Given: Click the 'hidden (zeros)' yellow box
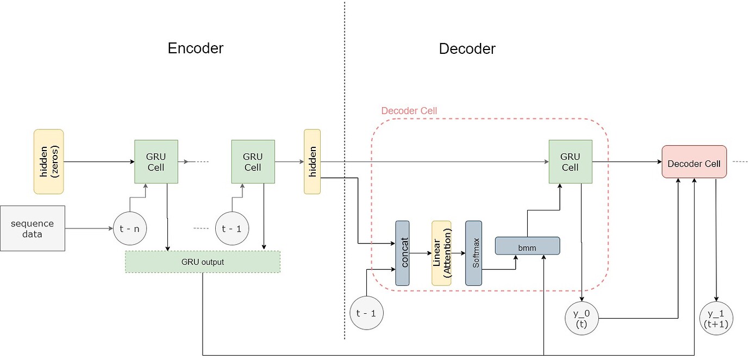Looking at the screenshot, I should (x=49, y=162).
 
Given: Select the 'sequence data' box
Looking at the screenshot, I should (x=33, y=228).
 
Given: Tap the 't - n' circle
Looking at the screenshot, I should (x=129, y=228).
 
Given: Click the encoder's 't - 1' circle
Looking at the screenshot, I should (x=232, y=228).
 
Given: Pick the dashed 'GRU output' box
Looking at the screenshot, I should (x=203, y=262).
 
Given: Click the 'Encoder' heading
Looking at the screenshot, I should (x=196, y=48).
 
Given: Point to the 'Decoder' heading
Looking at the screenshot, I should (x=467, y=48).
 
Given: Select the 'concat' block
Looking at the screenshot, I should (x=402, y=253).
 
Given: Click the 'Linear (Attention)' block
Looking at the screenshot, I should (x=441, y=253).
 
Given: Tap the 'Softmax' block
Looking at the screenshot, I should (x=474, y=253).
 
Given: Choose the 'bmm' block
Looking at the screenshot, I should (x=527, y=246).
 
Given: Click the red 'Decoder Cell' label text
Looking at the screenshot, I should (x=409, y=111).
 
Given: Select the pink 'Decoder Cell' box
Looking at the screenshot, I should (x=694, y=162).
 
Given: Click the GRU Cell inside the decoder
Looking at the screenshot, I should (x=570, y=162).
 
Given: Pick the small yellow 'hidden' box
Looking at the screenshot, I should (x=312, y=162).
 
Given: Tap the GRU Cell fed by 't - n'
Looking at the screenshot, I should (x=156, y=162).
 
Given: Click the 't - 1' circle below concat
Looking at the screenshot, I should (x=366, y=313).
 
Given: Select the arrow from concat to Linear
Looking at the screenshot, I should (x=420, y=253).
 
